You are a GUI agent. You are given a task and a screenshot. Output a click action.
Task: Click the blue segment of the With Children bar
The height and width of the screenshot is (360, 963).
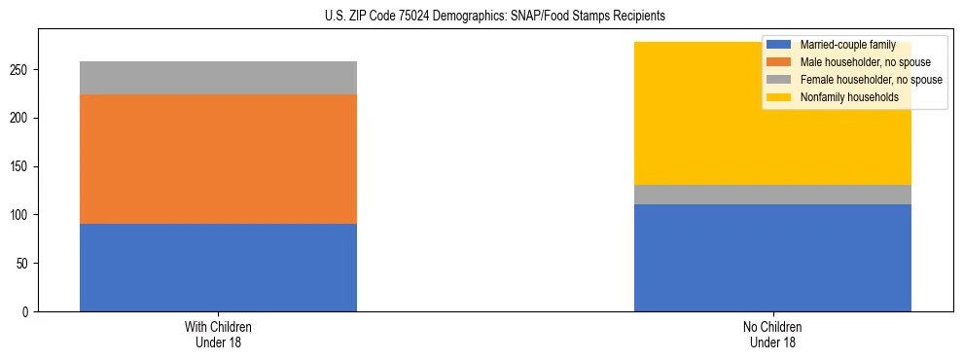[218, 268]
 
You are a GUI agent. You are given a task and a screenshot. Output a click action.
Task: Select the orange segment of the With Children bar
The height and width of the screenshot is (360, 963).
[218, 159]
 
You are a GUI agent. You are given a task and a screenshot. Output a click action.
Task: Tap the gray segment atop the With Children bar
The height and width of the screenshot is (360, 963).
[218, 78]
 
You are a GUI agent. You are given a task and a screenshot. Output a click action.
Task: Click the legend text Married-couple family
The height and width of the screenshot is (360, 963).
[845, 45]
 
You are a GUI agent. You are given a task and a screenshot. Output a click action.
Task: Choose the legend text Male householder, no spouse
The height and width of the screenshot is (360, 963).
[858, 62]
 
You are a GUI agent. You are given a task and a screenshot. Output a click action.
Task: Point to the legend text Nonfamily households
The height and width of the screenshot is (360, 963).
[843, 97]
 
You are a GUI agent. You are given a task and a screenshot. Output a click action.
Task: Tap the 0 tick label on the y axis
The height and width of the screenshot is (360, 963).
[29, 311]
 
